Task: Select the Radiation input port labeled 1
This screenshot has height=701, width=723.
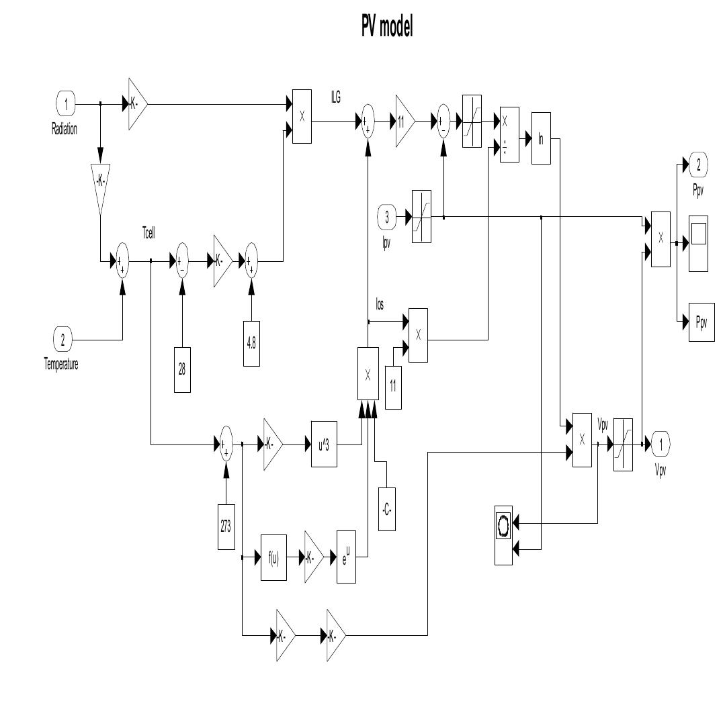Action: pyautogui.click(x=65, y=104)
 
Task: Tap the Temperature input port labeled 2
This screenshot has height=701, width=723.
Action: pyautogui.click(x=63, y=339)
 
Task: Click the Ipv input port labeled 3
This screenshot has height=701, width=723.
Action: pyautogui.click(x=386, y=217)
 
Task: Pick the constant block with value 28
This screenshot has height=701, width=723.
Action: pyautogui.click(x=182, y=369)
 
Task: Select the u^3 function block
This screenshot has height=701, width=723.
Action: pyautogui.click(x=324, y=445)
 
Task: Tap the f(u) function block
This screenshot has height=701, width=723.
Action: pyautogui.click(x=273, y=557)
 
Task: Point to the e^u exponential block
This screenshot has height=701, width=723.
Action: pyautogui.click(x=346, y=557)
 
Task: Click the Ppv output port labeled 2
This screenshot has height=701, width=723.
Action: pyautogui.click(x=697, y=163)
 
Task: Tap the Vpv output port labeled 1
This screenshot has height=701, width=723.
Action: pyautogui.click(x=661, y=444)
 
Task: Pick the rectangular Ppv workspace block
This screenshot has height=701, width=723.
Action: pyautogui.click(x=701, y=322)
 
